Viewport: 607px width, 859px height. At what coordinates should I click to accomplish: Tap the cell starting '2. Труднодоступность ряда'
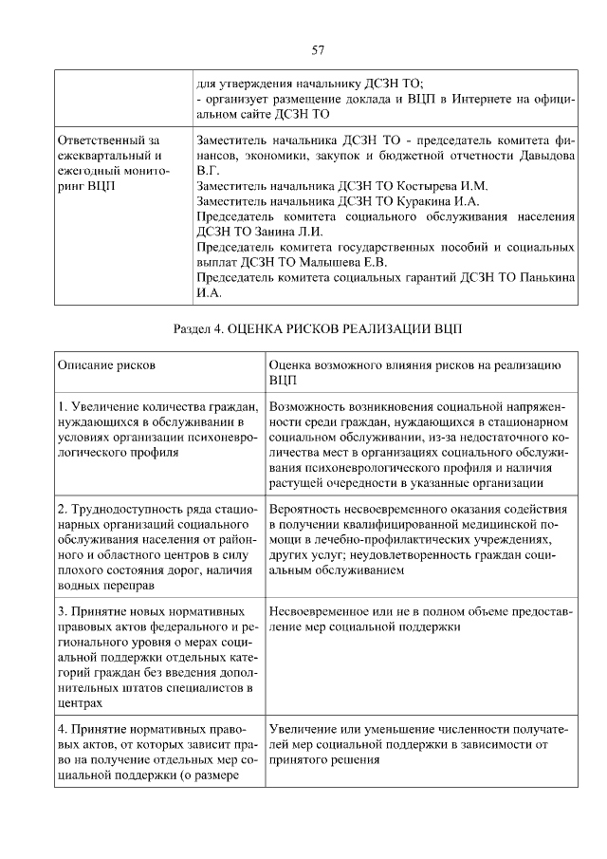pyautogui.click(x=156, y=548)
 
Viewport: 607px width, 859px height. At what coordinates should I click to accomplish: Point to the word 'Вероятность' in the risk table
pyautogui.click(x=306, y=510)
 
